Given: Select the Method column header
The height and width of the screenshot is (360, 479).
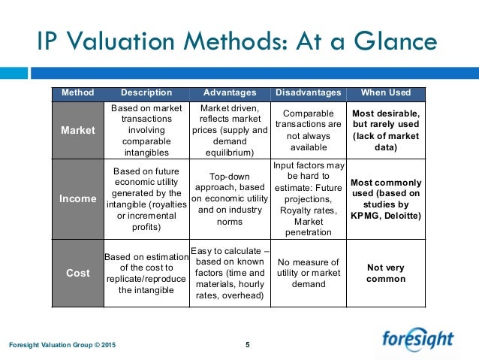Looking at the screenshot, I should pyautogui.click(x=78, y=93).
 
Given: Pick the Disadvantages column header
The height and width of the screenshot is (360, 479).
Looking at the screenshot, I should pyautogui.click(x=308, y=93).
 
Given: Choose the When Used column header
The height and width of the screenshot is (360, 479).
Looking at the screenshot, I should pyautogui.click(x=386, y=93).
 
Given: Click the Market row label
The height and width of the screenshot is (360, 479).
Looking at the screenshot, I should pyautogui.click(x=78, y=130).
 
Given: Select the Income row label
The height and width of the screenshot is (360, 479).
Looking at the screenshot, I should pyautogui.click(x=78, y=198).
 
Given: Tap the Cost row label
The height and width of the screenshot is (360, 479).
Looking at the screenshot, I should pyautogui.click(x=78, y=274).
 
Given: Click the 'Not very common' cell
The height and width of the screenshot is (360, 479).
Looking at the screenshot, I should pyautogui.click(x=386, y=274).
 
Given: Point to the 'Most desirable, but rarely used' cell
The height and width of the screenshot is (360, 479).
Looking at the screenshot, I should pyautogui.click(x=386, y=130).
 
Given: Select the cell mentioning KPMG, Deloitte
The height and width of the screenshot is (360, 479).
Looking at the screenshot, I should pyautogui.click(x=386, y=198).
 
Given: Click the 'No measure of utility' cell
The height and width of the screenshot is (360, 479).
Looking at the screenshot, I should pyautogui.click(x=308, y=274).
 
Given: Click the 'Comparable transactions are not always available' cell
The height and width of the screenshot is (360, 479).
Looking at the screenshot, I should pyautogui.click(x=308, y=130).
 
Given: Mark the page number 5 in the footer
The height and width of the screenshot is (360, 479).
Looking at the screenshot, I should pyautogui.click(x=247, y=345).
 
